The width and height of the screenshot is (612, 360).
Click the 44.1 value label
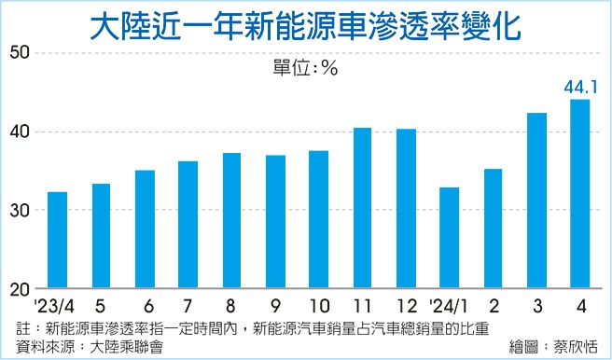coord(579,88)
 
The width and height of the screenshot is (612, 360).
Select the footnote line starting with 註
coord(252,327)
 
